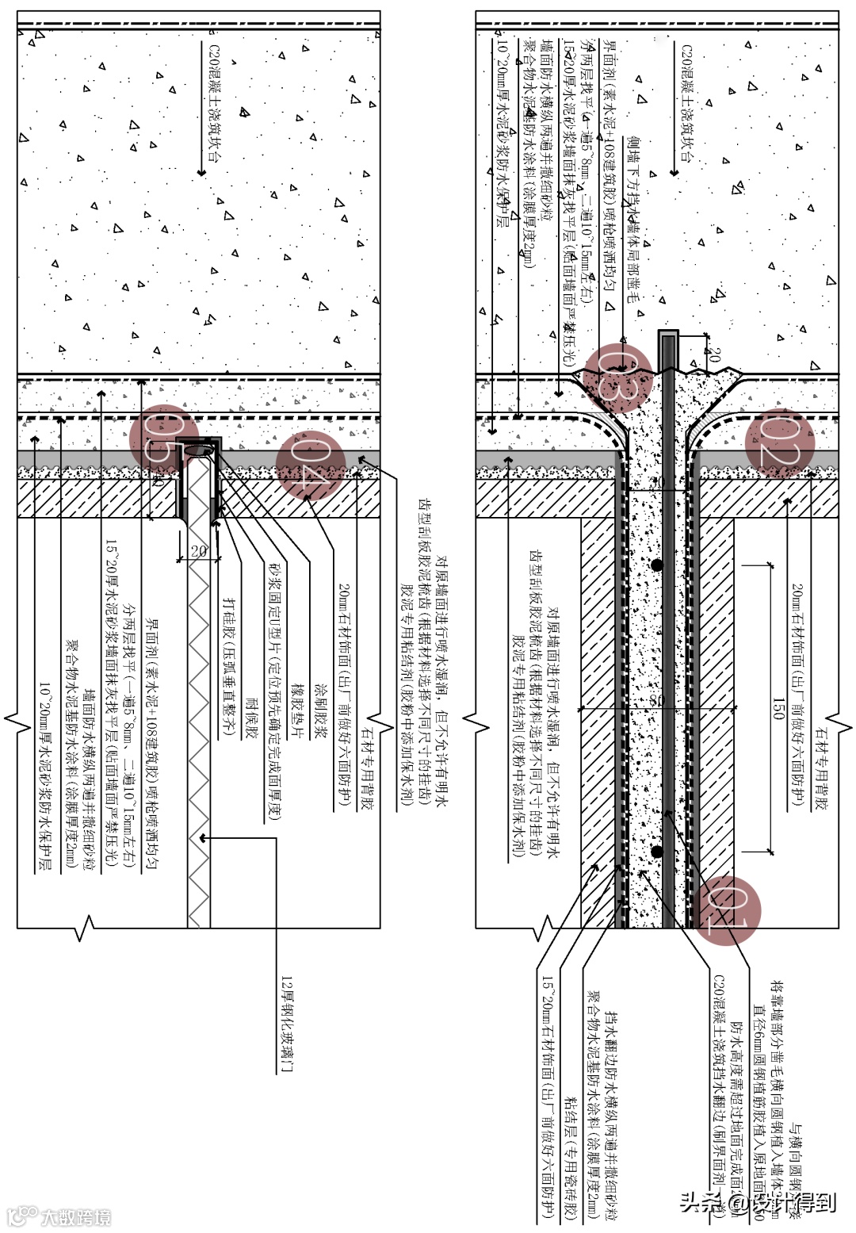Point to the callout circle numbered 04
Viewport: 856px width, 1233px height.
[x=311, y=465]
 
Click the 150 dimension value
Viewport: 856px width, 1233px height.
[x=778, y=708]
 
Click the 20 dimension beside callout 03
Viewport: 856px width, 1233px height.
[x=713, y=354]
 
